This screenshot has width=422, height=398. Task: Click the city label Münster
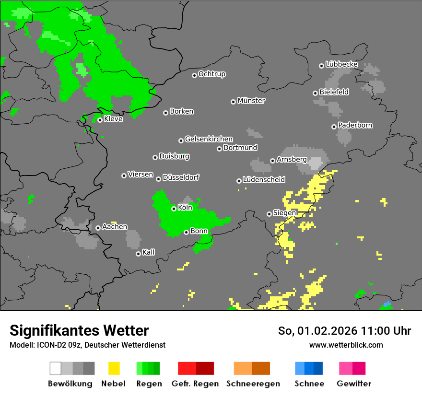pyautogui.click(x=251, y=101)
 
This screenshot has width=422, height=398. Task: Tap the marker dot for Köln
pyautogui.click(x=174, y=209)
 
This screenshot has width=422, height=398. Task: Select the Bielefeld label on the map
pyautogui.click(x=334, y=92)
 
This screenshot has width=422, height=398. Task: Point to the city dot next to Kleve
pyautogui.click(x=100, y=120)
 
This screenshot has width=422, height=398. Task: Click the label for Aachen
pyautogui.click(x=115, y=227)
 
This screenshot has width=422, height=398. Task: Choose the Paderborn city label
pyautogui.click(x=355, y=126)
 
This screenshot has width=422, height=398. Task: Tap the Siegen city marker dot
pyautogui.click(x=269, y=214)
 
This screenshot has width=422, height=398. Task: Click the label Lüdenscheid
pyautogui.click(x=264, y=180)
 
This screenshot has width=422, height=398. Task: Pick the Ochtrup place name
pyautogui.click(x=212, y=74)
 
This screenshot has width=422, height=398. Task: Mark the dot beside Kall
pyautogui.click(x=138, y=254)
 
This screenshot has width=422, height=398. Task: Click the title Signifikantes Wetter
pyautogui.click(x=79, y=331)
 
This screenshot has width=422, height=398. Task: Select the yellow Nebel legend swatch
pyautogui.click(x=114, y=368)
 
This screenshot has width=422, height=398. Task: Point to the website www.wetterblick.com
pyautogui.click(x=346, y=345)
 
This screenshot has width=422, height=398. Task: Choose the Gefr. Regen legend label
pyautogui.click(x=195, y=384)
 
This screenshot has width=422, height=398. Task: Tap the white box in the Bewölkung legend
pyautogui.click(x=56, y=368)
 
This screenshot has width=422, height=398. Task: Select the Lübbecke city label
pyautogui.click(x=342, y=64)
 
